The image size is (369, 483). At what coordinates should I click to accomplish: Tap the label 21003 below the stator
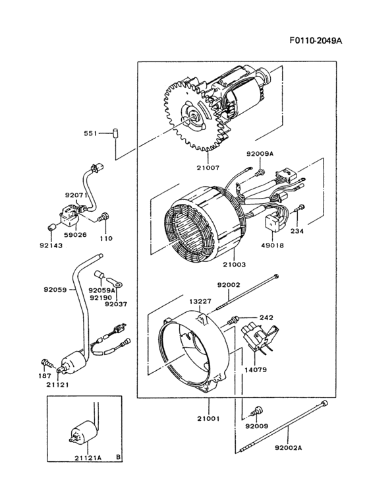(234, 264)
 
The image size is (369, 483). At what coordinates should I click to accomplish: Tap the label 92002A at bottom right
(290, 447)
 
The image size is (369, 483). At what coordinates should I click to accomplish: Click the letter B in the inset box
(117, 456)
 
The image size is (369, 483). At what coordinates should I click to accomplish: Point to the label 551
(90, 134)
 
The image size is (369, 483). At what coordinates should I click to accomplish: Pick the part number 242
(266, 317)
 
